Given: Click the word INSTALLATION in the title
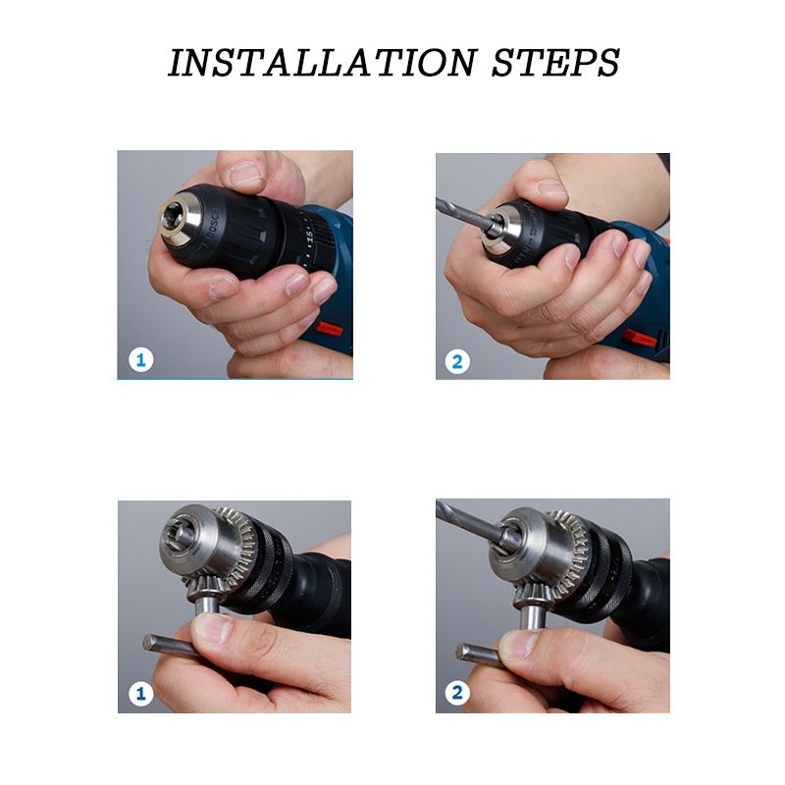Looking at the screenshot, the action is point(323,63).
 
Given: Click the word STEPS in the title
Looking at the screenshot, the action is point(555,63).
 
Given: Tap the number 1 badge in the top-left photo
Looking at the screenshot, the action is point(140,360).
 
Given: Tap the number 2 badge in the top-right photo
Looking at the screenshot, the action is point(457,361).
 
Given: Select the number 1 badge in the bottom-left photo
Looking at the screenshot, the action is point(140,694).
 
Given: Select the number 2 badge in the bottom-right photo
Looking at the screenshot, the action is point(457,693).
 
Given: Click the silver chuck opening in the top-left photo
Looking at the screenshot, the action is point(181,220).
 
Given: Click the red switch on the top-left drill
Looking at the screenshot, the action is point(329,329).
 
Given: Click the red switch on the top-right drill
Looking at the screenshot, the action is point(641,339).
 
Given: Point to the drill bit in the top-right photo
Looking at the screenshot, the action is point(463,214).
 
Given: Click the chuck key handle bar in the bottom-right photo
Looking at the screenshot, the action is point(478,654).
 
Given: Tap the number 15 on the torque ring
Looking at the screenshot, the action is point(309,235).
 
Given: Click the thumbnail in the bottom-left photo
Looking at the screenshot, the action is point(214,628).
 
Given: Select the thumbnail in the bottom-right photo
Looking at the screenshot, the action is point(519,645).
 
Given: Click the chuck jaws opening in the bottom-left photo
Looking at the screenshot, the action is point(180,533).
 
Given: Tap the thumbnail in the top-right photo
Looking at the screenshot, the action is point(551,188).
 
